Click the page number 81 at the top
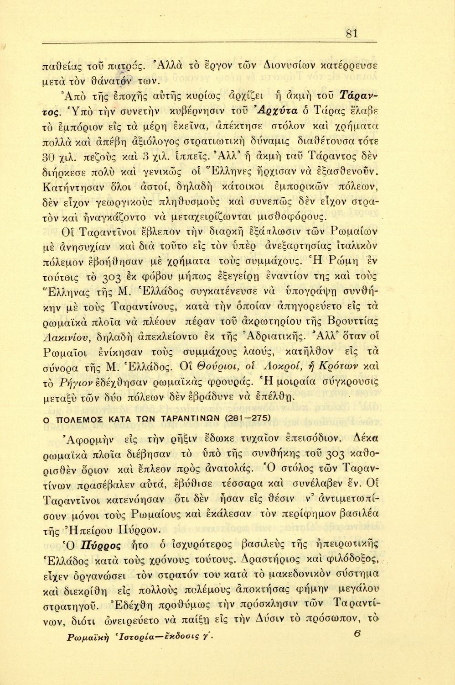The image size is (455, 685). click(352, 33)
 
